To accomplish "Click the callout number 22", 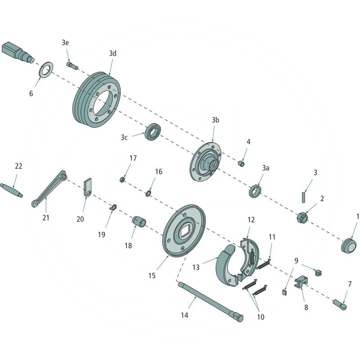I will pyautogui.click(x=18, y=166).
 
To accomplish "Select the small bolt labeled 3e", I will pyautogui.click(x=72, y=66).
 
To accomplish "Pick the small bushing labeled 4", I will pyautogui.click(x=242, y=162).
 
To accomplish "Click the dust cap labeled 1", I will pyautogui.click(x=348, y=245).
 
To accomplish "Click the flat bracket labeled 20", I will pyautogui.click(x=88, y=188).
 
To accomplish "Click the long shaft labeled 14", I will pyautogui.click(x=210, y=302).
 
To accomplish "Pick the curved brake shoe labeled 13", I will pyautogui.click(x=227, y=265).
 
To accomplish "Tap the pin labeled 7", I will pyautogui.click(x=340, y=304).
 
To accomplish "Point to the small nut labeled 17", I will pyautogui.click(x=121, y=180).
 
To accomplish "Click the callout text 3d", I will pyautogui.click(x=112, y=53).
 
